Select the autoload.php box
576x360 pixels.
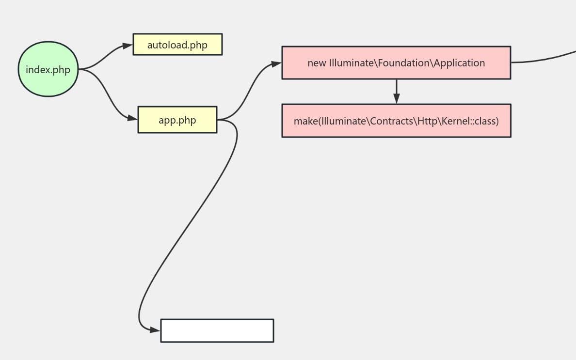coord(177,45)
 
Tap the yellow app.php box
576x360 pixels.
coord(177,120)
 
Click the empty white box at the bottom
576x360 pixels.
coord(217,330)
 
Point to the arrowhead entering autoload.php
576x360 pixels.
coord(128,46)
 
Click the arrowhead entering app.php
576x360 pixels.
coord(132,118)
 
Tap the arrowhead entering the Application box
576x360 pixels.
coord(276,63)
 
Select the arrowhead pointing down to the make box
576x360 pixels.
coord(396,98)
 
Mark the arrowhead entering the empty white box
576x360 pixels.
coord(155,330)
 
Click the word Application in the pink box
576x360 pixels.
coord(460,63)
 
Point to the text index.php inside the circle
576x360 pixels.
coord(48,70)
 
